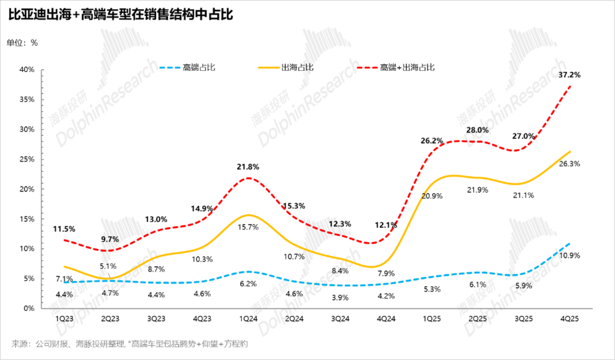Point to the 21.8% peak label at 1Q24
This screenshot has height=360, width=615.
coord(248,166)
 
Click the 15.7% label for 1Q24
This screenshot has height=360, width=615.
coord(248,227)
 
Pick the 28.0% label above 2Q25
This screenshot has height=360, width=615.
coord(478,130)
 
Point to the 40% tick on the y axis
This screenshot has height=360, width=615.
coord(26,70)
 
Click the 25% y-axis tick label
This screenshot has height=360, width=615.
coord(26,159)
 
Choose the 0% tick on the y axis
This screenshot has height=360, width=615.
coord(28,308)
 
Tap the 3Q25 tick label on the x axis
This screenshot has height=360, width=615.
coord(524,319)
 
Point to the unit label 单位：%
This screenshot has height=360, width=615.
coord(23,42)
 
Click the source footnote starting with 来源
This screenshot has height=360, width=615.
coord(129,343)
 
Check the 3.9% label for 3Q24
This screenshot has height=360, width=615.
coord(340,297)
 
